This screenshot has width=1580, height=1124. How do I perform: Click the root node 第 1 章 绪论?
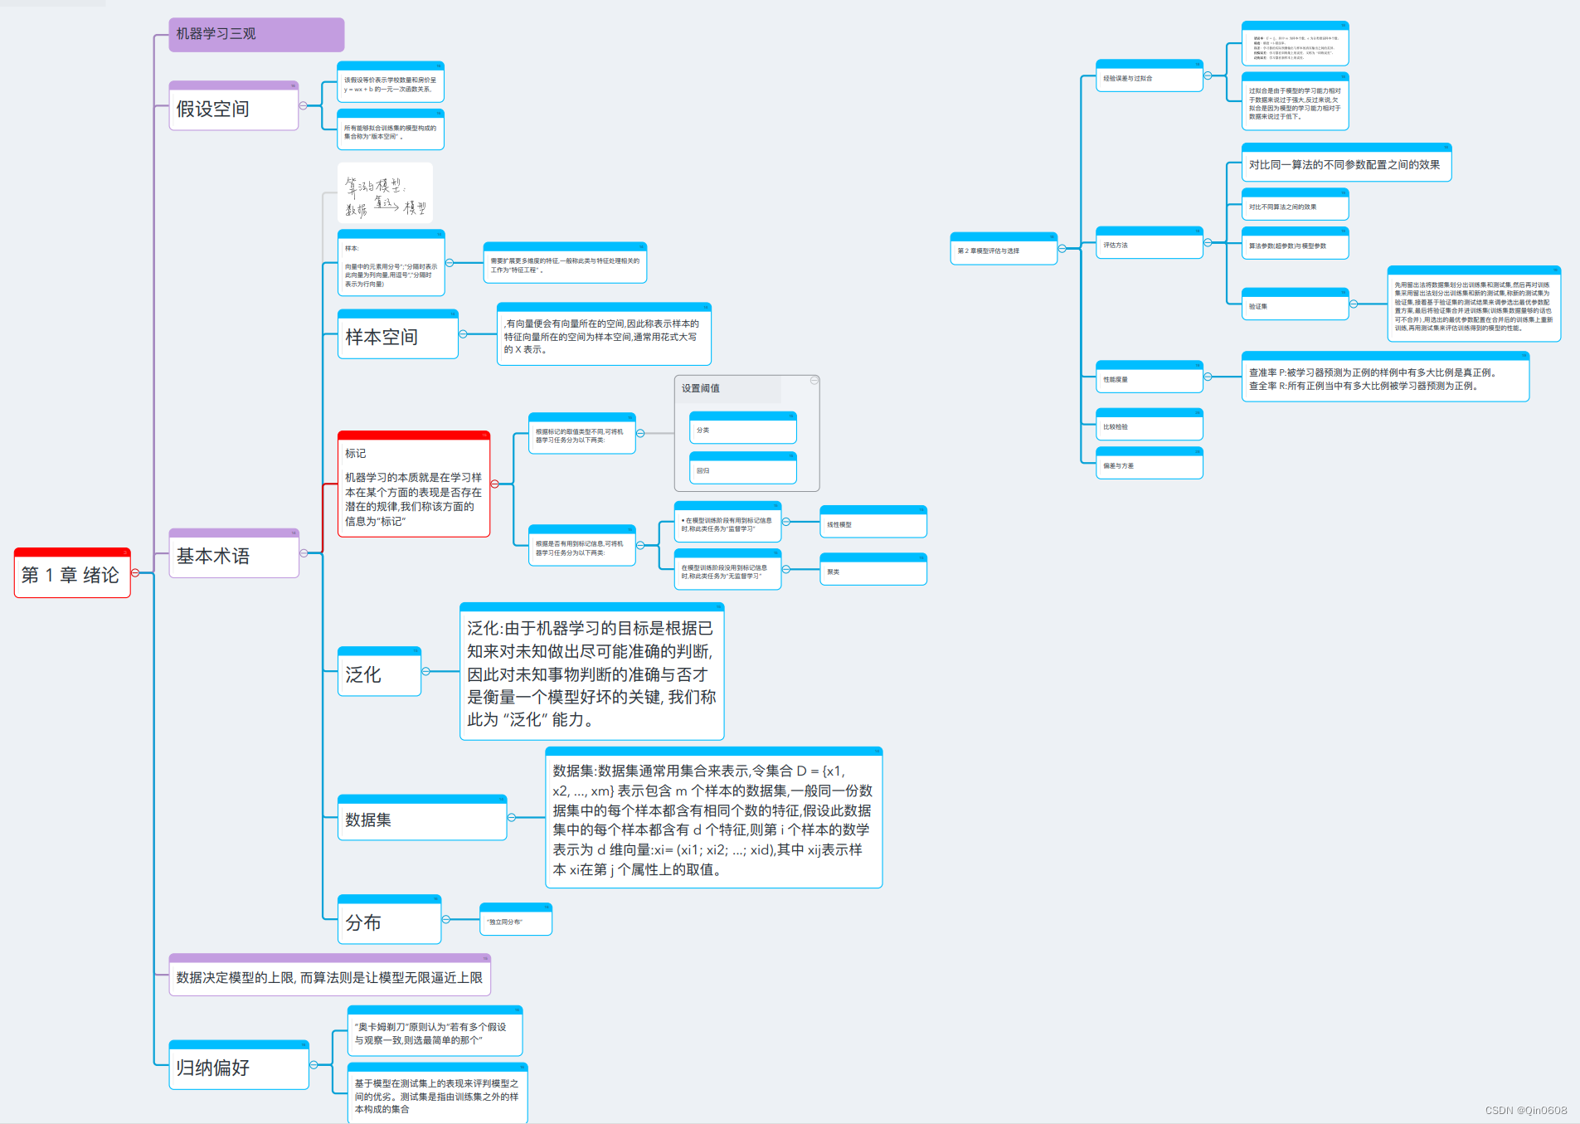(x=72, y=574)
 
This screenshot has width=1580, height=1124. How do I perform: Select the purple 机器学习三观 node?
(x=255, y=34)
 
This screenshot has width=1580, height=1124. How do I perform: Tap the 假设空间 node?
(x=233, y=108)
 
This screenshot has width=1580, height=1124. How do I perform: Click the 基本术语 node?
(x=233, y=556)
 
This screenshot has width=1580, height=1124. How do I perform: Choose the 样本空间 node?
(x=397, y=336)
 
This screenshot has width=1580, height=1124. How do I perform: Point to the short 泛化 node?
(x=379, y=674)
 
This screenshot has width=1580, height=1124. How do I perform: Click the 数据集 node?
(x=421, y=820)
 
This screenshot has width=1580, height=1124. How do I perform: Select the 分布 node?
(x=388, y=922)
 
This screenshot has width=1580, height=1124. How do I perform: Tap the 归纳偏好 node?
(x=238, y=1067)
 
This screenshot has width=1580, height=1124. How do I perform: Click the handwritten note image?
(x=385, y=192)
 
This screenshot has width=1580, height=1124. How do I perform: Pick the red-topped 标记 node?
(x=413, y=487)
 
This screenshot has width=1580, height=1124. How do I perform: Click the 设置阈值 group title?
(x=701, y=388)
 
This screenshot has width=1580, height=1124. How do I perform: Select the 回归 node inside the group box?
(x=742, y=470)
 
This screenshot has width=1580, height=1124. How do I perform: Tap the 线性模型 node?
(x=873, y=524)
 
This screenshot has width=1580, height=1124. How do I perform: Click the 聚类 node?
(x=873, y=572)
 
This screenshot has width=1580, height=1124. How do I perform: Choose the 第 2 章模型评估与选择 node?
(x=1003, y=251)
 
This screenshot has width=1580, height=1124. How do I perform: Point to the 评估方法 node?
(x=1149, y=245)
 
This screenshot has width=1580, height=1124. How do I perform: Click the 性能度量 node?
(x=1149, y=379)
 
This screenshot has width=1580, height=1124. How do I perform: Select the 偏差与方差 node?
(x=1149, y=465)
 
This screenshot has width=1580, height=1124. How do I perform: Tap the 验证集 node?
(x=1294, y=306)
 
